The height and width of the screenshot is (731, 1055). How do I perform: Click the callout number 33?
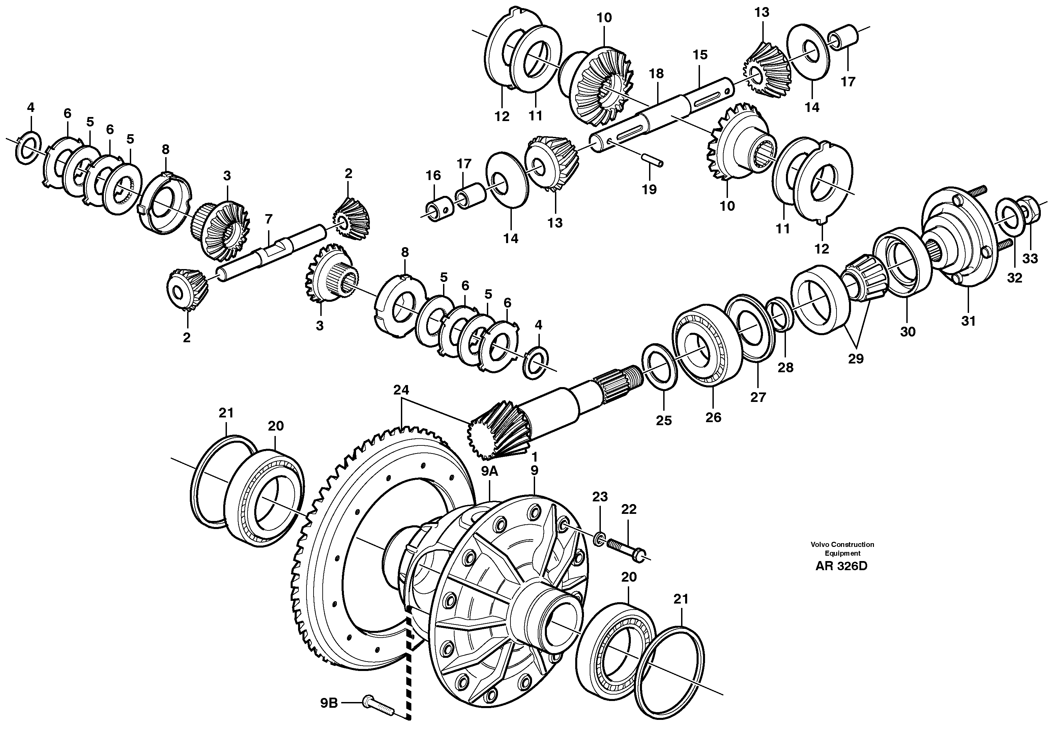pyautogui.click(x=1030, y=259)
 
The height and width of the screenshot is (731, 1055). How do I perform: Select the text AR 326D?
pyautogui.click(x=841, y=566)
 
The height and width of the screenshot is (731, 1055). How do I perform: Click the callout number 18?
pyautogui.click(x=656, y=74)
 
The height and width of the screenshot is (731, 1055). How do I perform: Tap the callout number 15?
pyautogui.click(x=700, y=55)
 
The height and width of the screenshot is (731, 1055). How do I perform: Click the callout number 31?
pyautogui.click(x=968, y=321)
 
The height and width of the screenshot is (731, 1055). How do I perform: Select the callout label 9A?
pyautogui.click(x=490, y=471)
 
